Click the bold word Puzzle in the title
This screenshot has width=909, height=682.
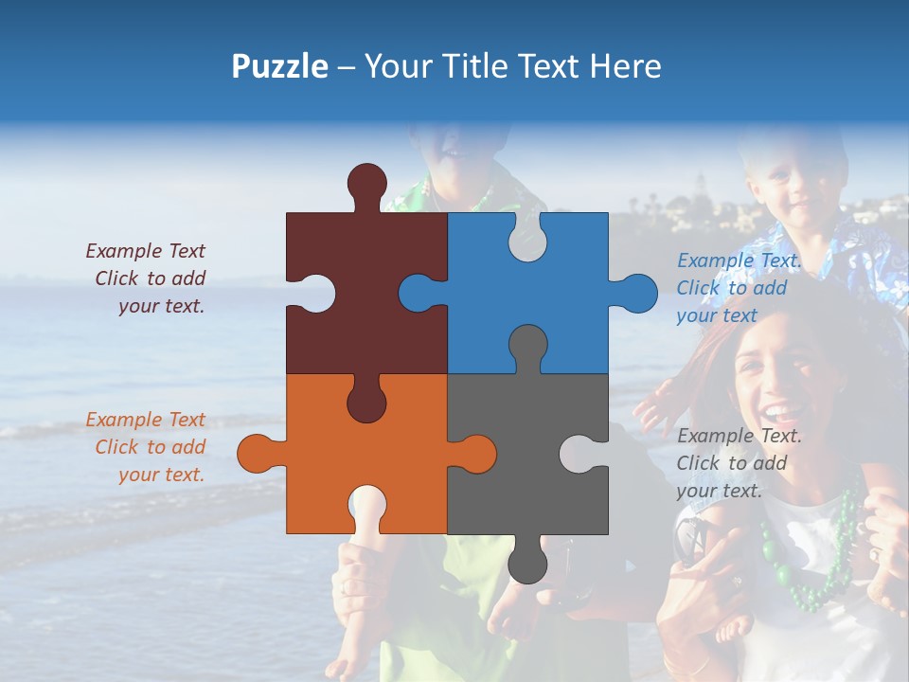(279, 66)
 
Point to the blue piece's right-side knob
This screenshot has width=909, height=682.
(635, 293)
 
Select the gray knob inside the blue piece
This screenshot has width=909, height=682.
(527, 345)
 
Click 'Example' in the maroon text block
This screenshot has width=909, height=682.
(123, 251)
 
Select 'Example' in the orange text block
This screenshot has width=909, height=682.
(123, 420)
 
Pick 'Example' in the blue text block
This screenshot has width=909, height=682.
(716, 260)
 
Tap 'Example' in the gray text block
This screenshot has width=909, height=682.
(716, 436)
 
